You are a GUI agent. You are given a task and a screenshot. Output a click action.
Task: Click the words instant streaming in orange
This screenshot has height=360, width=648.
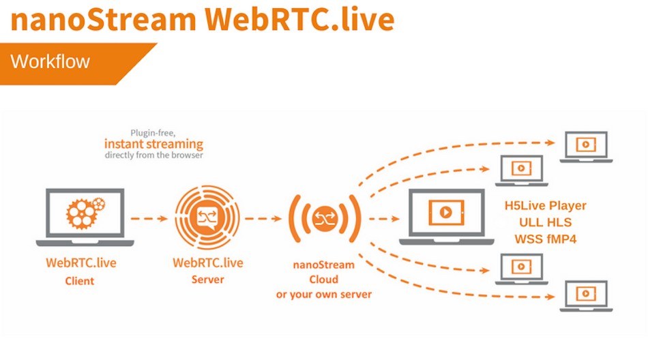[x=153, y=144]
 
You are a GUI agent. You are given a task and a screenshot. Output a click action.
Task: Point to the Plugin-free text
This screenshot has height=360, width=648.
[x=153, y=133]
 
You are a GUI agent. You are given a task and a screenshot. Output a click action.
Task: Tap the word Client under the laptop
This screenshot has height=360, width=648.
[x=80, y=281]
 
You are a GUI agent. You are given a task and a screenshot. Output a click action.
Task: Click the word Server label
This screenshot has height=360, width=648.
[x=207, y=280]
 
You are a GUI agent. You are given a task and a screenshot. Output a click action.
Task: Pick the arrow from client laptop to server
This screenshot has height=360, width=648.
[x=149, y=219]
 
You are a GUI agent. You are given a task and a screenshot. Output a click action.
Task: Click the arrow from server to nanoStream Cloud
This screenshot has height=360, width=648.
[x=263, y=219]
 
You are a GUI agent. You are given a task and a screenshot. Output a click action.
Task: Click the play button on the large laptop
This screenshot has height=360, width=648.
[x=445, y=213]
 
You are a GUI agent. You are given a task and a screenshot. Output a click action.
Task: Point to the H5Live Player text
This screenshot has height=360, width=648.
[x=545, y=205]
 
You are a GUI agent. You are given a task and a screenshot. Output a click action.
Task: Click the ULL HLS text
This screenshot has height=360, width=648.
[x=545, y=222]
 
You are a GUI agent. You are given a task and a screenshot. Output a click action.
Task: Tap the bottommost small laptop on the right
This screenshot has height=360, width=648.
[x=586, y=295]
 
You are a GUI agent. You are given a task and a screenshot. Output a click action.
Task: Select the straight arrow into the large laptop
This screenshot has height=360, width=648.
[x=386, y=219]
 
